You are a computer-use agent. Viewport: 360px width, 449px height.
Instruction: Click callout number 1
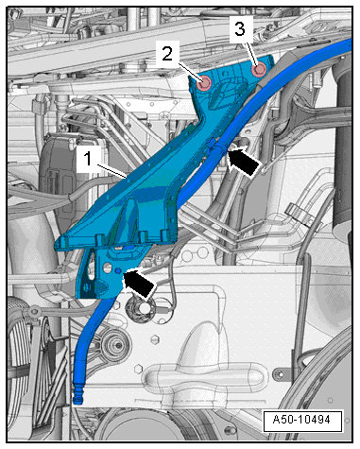(x=88, y=158)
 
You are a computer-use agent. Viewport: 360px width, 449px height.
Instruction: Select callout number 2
(x=167, y=54)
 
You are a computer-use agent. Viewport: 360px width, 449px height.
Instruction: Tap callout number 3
(x=240, y=29)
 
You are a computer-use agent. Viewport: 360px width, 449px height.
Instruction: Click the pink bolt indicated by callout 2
(x=203, y=83)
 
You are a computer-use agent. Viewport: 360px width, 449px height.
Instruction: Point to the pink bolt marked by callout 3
(x=259, y=70)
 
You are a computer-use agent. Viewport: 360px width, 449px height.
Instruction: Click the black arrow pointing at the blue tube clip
(x=245, y=160)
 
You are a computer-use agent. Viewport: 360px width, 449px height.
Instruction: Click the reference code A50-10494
(x=301, y=420)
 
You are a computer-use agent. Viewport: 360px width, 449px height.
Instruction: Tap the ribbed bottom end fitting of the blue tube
(x=77, y=395)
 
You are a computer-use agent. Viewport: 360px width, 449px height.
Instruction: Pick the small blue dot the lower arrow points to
(x=118, y=271)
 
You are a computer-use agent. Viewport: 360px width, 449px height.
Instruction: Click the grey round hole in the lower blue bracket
(x=107, y=268)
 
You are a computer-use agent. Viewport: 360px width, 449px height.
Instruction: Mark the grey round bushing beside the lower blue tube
(x=115, y=345)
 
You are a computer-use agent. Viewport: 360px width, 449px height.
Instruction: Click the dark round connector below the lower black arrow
(x=141, y=308)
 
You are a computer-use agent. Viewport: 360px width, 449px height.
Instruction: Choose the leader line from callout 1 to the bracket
(x=112, y=171)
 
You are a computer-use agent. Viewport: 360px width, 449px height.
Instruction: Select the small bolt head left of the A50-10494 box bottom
(x=232, y=430)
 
